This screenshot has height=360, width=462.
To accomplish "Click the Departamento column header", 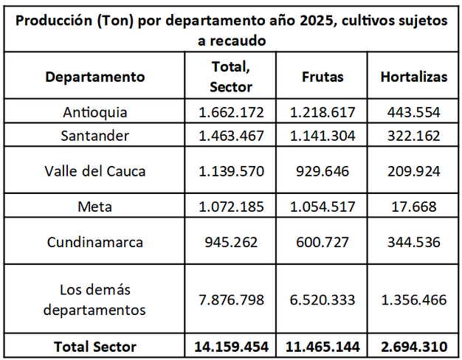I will coord(95,77).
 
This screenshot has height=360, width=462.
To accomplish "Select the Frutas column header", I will coord(323,77).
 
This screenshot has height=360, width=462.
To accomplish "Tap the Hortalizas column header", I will coord(413,77).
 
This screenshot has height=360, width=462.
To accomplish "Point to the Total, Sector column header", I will coord(231,77).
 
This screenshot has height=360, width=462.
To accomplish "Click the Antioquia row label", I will coord(95,113).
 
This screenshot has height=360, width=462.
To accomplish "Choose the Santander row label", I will coord(95,136).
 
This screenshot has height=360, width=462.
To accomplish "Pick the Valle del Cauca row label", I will coord(95,171).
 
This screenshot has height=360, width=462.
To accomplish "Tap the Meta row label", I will coord(95,207).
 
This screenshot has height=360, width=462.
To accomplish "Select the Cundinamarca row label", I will coord(95,242).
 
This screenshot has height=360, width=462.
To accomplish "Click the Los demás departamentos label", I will coord(95,300).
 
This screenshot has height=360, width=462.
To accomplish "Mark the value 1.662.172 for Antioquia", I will coord(231,113).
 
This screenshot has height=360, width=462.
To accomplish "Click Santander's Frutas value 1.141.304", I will coord(323,136).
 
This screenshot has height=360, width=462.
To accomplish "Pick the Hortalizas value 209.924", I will coord(413,171).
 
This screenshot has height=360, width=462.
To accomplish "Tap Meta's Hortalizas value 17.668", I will coord(413,207).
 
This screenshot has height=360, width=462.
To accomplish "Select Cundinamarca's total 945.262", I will coord(231,242).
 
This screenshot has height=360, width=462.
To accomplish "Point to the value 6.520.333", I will coord(323,300).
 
